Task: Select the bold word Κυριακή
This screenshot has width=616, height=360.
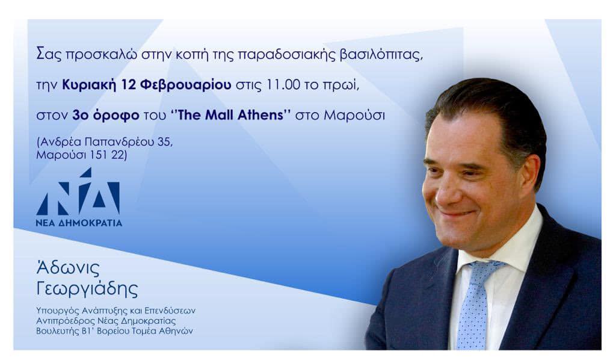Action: click(89, 85)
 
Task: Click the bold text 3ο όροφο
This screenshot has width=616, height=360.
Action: click(106, 116)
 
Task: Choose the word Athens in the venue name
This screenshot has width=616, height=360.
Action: click(260, 115)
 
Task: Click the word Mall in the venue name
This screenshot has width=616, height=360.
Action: click(220, 115)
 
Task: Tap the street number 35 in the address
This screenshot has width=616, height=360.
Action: click(165, 141)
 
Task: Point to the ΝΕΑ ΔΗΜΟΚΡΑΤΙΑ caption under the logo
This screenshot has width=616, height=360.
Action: click(79, 223)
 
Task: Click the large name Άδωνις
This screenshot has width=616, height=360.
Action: click(67, 268)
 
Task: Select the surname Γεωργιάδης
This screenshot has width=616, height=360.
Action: click(87, 289)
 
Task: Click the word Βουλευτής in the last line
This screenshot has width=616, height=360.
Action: click(57, 331)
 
